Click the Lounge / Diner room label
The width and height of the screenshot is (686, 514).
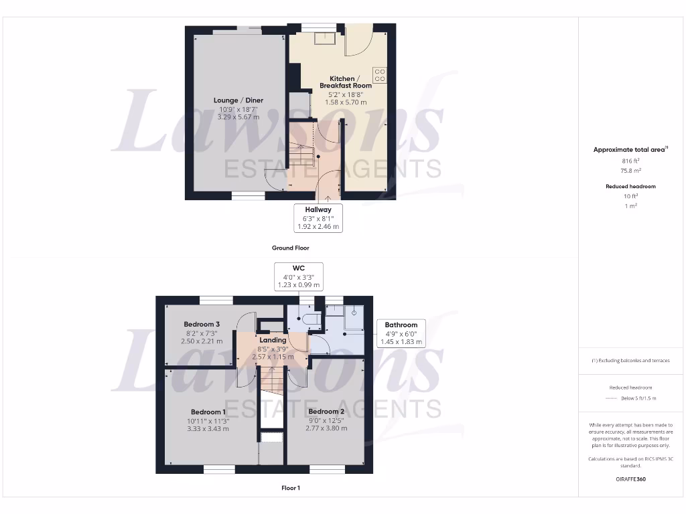[x=238, y=100]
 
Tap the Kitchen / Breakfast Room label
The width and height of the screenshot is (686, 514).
[x=346, y=82]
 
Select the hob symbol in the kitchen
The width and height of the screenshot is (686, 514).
[x=380, y=75]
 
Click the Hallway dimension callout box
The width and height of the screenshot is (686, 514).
[x=318, y=218]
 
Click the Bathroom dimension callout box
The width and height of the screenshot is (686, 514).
[x=401, y=333]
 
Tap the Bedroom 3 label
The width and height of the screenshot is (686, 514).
[x=202, y=324]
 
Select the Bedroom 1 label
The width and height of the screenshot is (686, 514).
[x=208, y=412]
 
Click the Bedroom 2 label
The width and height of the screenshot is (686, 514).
[x=326, y=411]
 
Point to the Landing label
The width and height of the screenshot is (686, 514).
[x=273, y=340]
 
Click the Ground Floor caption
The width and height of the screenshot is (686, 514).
[x=290, y=248]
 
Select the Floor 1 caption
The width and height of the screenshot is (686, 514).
[x=290, y=488]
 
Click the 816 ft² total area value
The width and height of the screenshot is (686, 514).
[x=630, y=161]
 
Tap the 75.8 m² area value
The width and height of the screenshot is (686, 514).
[x=630, y=171]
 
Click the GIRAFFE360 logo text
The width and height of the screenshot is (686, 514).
[x=630, y=479]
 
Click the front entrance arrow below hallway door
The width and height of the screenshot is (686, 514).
[x=326, y=197]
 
